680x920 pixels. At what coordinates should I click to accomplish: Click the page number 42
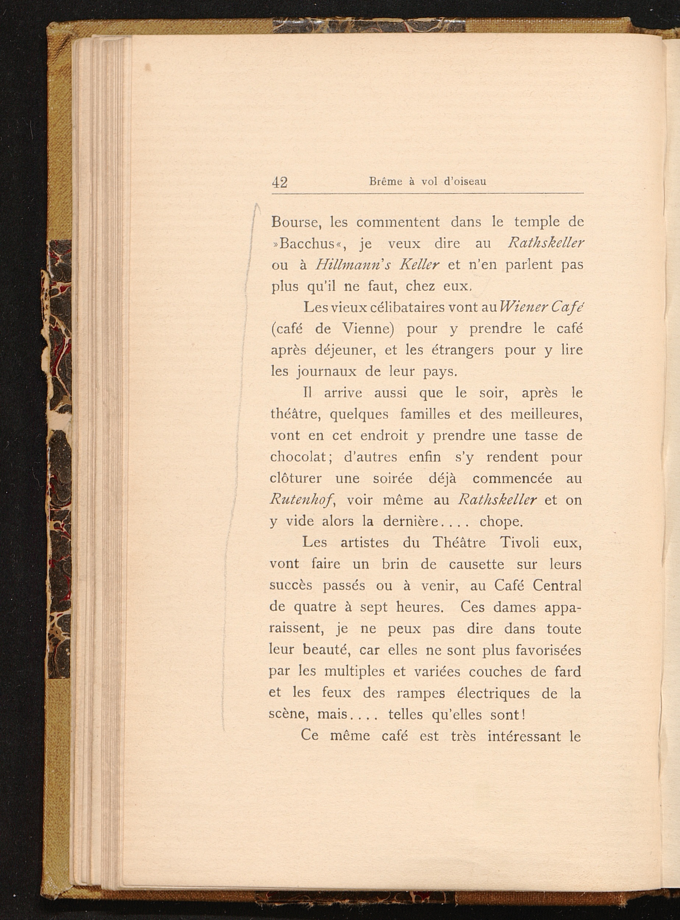280,182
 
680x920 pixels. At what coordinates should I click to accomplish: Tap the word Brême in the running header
385,181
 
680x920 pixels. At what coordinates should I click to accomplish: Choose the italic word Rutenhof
302,500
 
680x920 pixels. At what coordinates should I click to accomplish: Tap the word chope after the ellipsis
500,522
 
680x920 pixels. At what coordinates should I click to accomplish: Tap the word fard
567,672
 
